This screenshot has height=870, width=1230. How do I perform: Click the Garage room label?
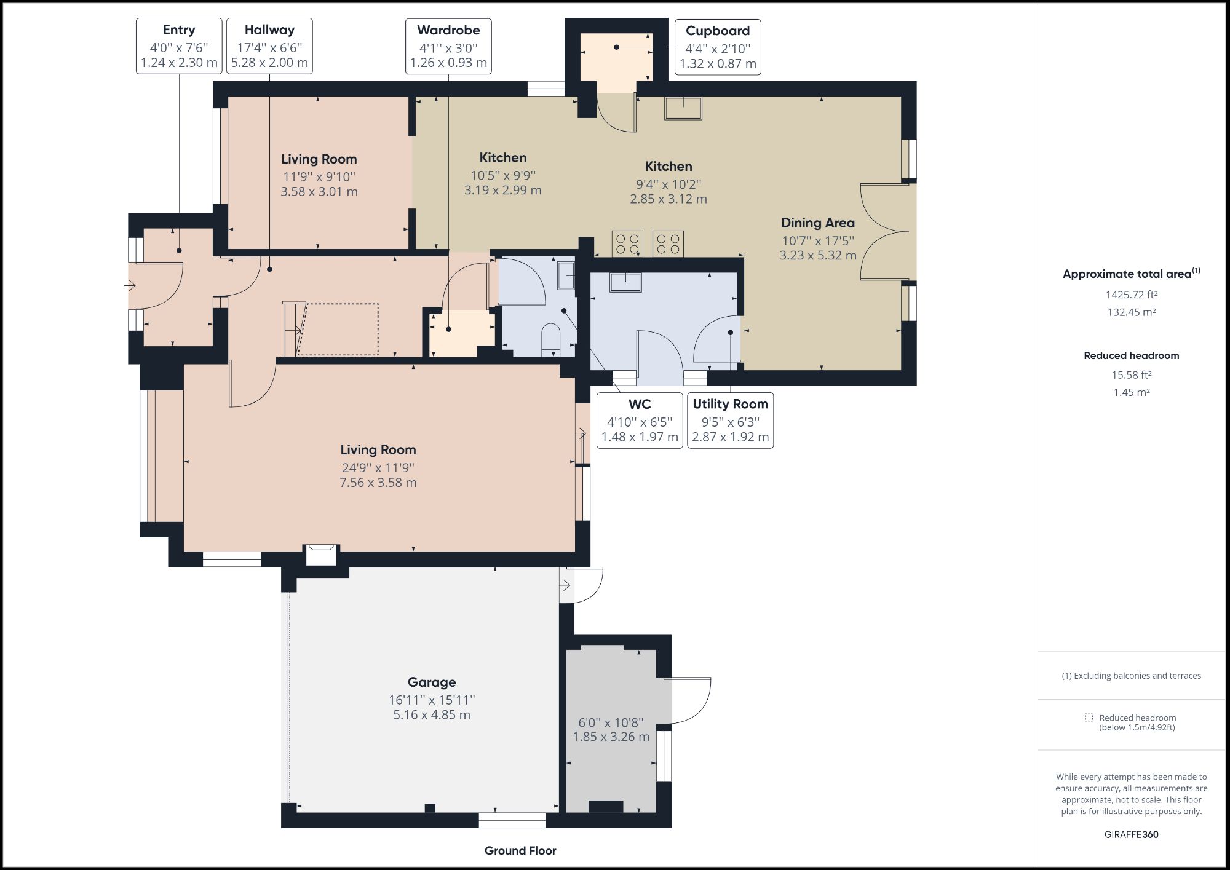432,682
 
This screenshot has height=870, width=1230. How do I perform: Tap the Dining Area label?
817,223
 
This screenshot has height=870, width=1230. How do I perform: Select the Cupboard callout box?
717,47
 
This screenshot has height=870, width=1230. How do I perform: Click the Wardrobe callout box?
448,46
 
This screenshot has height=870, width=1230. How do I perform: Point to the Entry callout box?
178,46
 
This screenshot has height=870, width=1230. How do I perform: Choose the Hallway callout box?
269,46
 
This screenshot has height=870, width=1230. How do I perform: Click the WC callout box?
640,421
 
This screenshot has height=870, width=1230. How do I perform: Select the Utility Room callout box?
730,421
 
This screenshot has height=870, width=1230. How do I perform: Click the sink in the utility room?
625,282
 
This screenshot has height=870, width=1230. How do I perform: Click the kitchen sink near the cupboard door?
683,108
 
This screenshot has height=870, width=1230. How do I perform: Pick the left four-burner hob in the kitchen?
627,243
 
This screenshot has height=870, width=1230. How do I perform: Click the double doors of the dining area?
886,232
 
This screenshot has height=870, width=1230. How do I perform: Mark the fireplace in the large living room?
322,554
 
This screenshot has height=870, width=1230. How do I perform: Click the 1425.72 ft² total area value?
1131,295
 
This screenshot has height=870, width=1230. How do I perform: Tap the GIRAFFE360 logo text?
1131,834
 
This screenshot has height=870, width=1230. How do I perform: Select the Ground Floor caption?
520,850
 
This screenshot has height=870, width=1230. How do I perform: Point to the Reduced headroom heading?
1131,355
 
